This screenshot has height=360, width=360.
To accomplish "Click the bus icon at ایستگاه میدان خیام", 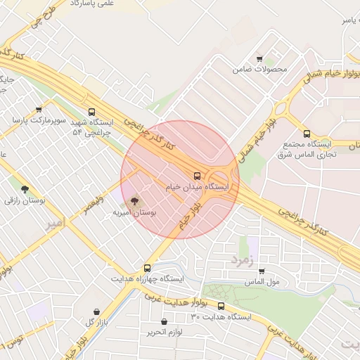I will tap(196, 176).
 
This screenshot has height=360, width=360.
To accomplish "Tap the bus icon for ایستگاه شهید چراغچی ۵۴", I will tap(92, 112).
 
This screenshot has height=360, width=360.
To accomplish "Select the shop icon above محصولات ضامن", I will tap(259, 59).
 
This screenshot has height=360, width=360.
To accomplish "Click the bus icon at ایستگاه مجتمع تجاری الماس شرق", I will tap(307, 134).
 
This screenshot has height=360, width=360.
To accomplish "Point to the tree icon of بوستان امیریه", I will tap(135, 201).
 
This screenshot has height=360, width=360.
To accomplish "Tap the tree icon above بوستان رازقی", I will tap(25, 189).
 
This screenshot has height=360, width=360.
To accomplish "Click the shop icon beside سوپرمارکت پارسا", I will tap(39, 109).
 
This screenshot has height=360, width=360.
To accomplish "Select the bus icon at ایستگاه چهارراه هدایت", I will tap(147, 268).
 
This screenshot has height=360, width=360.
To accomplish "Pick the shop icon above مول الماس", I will tap(262, 271).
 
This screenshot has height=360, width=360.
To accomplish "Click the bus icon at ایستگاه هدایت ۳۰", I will tap(221, 306).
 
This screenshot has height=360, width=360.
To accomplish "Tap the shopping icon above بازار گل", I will tap(96, 311).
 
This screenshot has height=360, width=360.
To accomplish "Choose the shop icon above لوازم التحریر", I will tap(163, 322).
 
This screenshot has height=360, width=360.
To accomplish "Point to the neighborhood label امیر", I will tap(54, 224).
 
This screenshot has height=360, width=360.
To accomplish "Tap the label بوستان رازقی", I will tap(25, 200).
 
